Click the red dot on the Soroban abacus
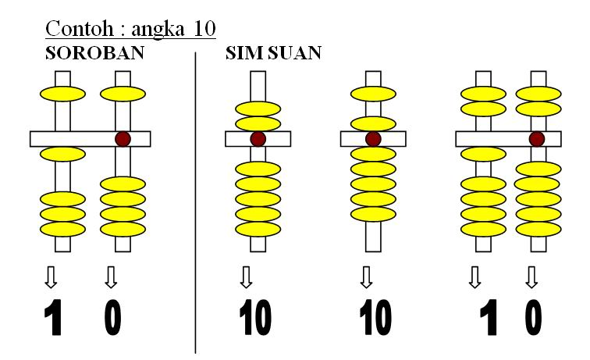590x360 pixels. click(x=123, y=138)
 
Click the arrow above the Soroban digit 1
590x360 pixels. click(x=52, y=276)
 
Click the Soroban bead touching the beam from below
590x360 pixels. click(x=62, y=153)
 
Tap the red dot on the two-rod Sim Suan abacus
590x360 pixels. click(x=536, y=138)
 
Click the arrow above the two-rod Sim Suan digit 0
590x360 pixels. click(x=532, y=276)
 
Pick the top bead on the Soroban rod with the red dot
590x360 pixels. click(x=123, y=94)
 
